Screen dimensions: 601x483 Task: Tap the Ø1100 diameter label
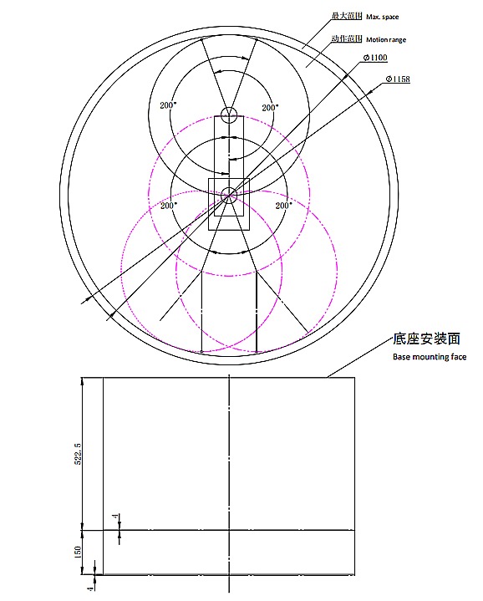(375, 57)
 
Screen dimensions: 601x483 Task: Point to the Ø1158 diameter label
(397, 79)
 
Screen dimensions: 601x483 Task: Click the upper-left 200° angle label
(167, 106)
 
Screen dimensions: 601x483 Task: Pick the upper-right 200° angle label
(269, 107)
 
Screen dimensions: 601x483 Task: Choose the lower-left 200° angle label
(169, 205)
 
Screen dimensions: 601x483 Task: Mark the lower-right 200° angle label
(282, 205)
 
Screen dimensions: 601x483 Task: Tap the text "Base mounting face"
(430, 357)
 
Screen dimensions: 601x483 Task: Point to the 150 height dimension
(78, 553)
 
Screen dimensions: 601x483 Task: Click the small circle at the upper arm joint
(229, 114)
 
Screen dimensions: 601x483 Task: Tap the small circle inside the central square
(229, 194)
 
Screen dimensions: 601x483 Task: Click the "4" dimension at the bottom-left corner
(78, 588)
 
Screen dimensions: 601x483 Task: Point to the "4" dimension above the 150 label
(114, 519)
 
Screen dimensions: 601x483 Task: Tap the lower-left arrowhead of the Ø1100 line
(83, 301)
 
